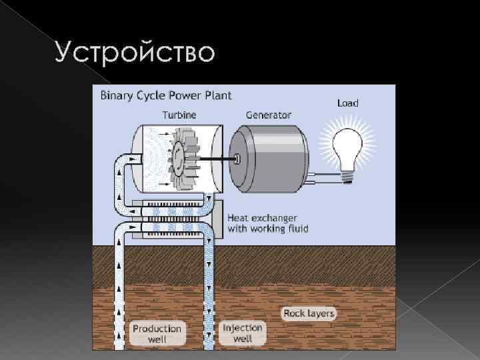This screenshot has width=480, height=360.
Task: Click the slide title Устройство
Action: pyautogui.click(x=135, y=52)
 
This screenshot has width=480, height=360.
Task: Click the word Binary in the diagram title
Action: pyautogui.click(x=116, y=95)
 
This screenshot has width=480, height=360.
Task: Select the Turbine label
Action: pyautogui.click(x=179, y=115)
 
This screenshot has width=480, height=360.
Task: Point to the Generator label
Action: pyautogui.click(x=269, y=115)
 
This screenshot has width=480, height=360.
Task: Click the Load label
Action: pyautogui.click(x=348, y=103)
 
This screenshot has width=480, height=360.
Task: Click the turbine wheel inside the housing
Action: pyautogui.click(x=181, y=156)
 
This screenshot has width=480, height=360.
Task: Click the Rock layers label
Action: pyautogui.click(x=309, y=313)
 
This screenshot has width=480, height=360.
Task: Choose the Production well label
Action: pyautogui.click(x=157, y=333)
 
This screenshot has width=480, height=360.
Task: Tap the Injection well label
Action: pyautogui.click(x=243, y=333)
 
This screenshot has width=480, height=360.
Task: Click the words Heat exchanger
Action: pyautogui.click(x=263, y=218)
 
